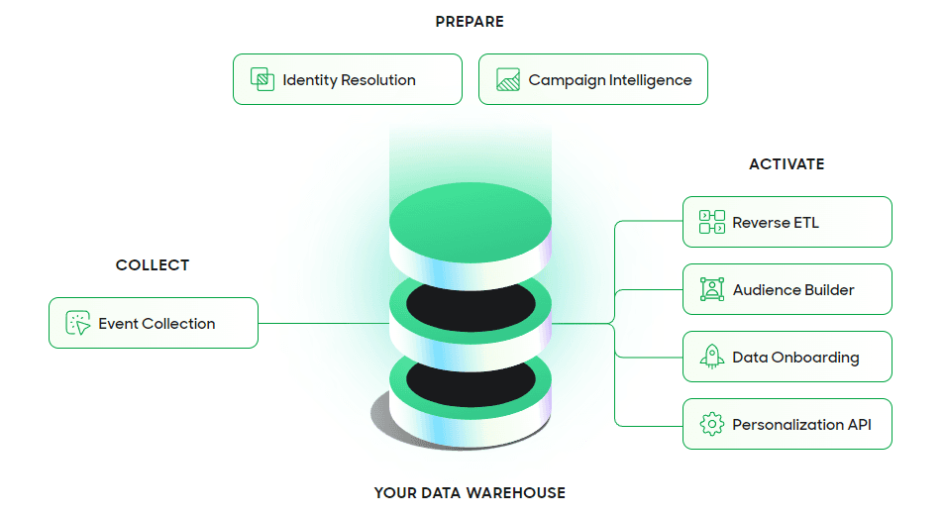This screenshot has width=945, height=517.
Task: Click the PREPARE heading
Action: tap(470, 21)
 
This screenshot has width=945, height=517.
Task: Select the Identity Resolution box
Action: tap(348, 79)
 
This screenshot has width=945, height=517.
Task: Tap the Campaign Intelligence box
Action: tap(592, 79)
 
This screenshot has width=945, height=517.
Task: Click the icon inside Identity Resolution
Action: tap(262, 80)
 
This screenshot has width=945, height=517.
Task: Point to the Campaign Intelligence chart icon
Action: tap(508, 80)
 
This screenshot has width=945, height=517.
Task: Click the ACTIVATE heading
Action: tap(787, 163)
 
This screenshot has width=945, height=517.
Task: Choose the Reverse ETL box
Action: tap(787, 222)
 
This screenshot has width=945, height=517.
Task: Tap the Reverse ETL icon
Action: tap(711, 222)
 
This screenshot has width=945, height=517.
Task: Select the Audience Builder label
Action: tap(792, 290)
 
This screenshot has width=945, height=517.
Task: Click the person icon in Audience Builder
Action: tap(711, 289)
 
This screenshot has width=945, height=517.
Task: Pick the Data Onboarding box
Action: tap(787, 357)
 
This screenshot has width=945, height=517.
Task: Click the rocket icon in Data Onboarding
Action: tap(711, 357)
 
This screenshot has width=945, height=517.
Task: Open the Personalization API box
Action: tap(787, 424)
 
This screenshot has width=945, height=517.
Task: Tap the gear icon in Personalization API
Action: tap(711, 425)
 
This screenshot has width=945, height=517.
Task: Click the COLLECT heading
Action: tap(153, 264)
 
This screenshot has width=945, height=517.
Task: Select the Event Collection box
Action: tap(154, 323)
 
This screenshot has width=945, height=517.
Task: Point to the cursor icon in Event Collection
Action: tap(77, 323)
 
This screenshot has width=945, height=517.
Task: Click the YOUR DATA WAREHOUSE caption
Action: tap(470, 492)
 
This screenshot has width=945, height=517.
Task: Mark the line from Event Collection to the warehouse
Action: tap(322, 323)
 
